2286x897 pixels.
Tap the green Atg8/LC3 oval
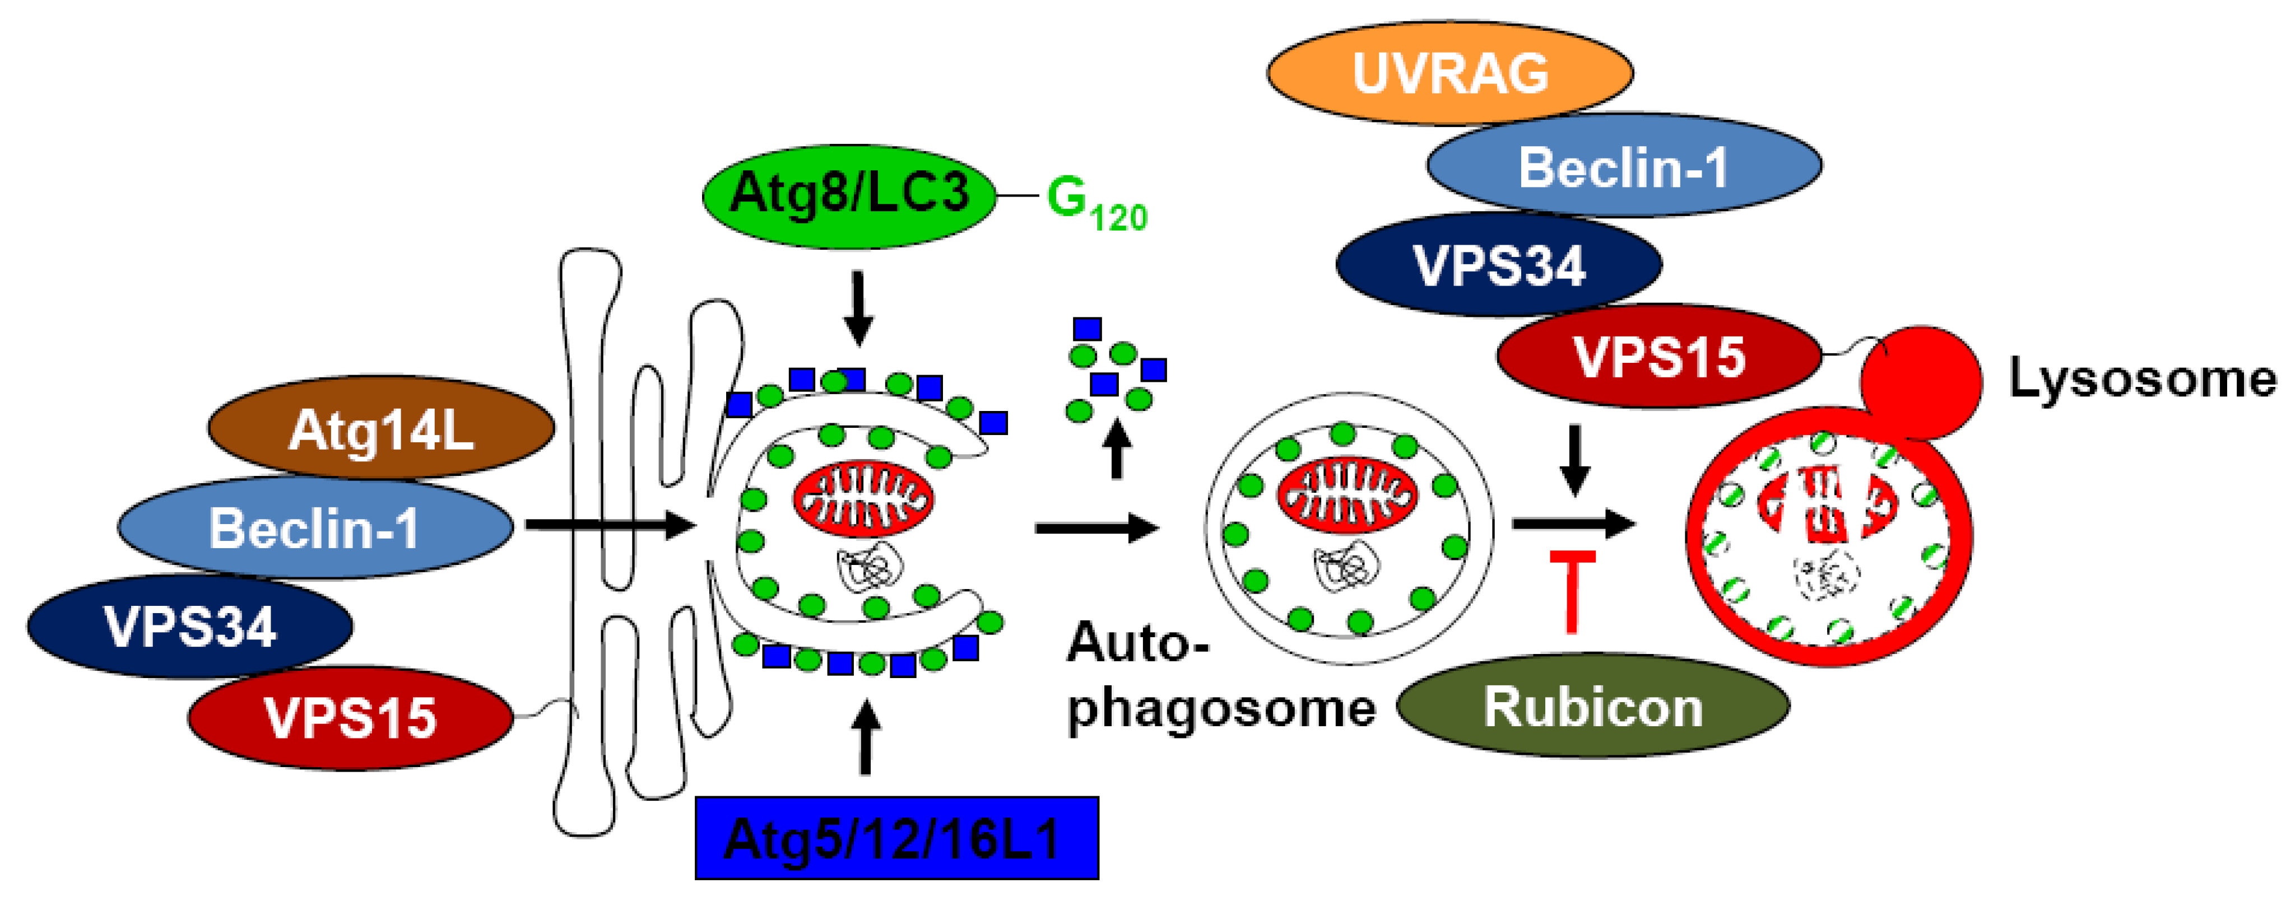coord(849,193)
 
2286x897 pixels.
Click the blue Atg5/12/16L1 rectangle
coord(896,838)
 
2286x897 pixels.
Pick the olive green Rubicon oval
coord(1593,706)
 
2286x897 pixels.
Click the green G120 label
coord(1096,202)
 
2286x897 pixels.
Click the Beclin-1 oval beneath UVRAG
coord(1624,166)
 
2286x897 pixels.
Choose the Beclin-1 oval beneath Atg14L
coord(314,528)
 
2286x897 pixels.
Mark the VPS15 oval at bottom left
coord(351,717)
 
